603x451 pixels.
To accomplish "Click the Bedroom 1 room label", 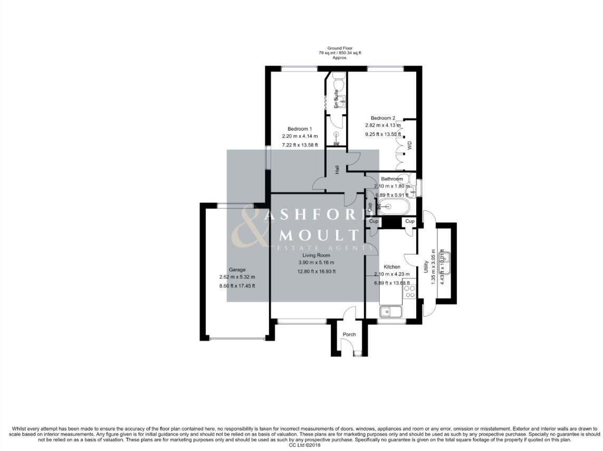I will [x=300, y=129].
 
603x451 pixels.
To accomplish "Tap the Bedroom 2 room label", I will [x=382, y=118].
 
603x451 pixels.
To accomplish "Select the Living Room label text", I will [x=316, y=255].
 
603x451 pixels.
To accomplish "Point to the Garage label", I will [x=237, y=269].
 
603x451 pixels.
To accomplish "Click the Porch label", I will [x=349, y=335].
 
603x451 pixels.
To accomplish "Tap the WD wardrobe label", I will [x=409, y=144].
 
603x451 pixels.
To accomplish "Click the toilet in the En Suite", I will [x=338, y=83].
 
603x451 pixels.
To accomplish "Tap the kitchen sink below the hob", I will [x=390, y=312].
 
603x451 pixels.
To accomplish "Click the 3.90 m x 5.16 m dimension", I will [x=316, y=262].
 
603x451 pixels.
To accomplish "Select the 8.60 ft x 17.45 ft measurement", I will [x=237, y=286].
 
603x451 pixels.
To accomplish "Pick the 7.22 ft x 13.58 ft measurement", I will [x=300, y=145].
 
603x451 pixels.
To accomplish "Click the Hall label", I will [x=336, y=170].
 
